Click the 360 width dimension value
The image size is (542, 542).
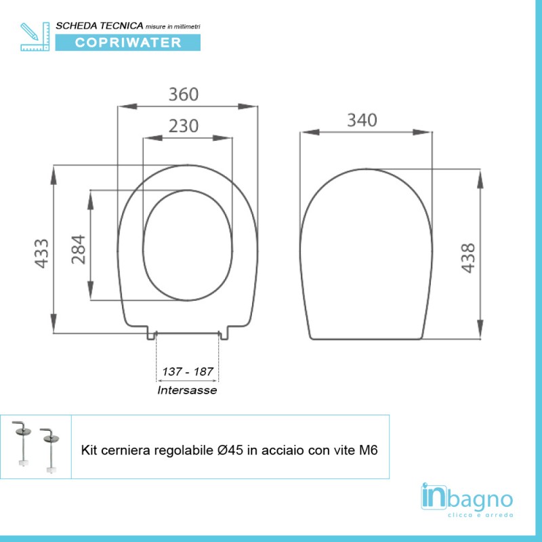(184, 94)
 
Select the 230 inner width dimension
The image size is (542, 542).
(184, 126)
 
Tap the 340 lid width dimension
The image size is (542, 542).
(362, 120)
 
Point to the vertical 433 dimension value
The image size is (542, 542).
(42, 253)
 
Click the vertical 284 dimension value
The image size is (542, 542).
(78, 249)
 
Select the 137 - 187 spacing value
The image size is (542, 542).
(188, 372)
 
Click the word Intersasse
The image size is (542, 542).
(188, 390)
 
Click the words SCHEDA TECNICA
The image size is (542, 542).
(99, 25)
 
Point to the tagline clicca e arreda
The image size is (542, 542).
(482, 515)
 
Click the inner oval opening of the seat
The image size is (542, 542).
(189, 245)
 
